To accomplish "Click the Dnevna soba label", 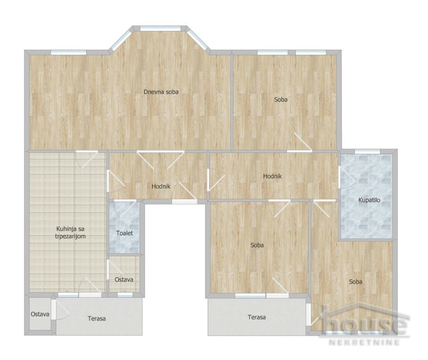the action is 161,92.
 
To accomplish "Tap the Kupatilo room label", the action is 369,200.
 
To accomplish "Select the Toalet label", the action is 125,233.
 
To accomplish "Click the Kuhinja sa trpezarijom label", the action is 70,232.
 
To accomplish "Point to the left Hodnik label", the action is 161,187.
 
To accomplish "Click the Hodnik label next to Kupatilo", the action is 272,176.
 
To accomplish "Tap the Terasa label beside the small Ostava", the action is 97,318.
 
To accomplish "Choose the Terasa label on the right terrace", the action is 256,317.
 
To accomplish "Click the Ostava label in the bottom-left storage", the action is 40,314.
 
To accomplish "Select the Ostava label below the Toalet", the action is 124,279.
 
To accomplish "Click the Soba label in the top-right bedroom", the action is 281,100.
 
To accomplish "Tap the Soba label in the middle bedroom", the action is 257,245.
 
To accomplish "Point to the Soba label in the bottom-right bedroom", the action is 355,282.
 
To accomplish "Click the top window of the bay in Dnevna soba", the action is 160,28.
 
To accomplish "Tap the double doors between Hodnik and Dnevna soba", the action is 160,160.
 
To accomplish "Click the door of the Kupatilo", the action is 346,177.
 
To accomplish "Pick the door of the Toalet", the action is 125,209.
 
